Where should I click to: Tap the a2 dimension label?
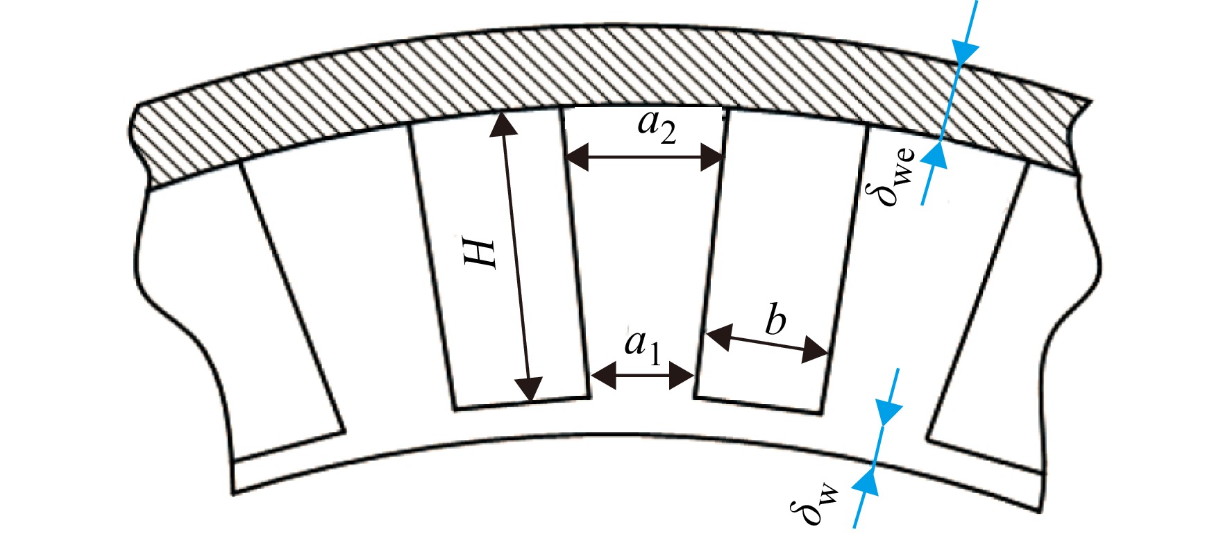pos(657,127)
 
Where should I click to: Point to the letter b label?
pos(775,319)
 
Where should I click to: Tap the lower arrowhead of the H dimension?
pos(530,390)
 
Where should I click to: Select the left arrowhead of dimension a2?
pos(578,158)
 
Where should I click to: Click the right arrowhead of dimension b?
pos(815,351)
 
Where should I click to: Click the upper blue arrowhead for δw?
pos(887,412)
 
